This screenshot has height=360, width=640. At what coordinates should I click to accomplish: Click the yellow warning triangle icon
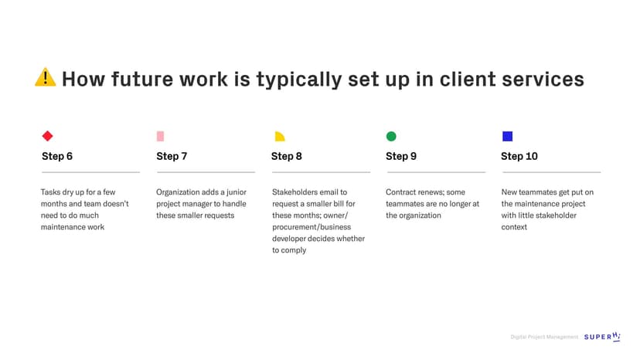[x=46, y=78]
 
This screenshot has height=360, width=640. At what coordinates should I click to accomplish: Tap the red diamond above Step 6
[x=47, y=136]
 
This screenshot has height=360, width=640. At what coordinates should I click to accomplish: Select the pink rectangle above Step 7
[x=160, y=136]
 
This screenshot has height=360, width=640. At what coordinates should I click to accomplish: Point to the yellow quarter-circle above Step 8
[x=280, y=137]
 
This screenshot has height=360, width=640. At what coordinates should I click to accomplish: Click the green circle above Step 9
[x=391, y=136]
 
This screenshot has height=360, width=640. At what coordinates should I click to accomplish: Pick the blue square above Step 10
[x=507, y=136]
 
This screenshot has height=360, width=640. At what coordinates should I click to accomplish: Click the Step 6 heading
[x=57, y=156]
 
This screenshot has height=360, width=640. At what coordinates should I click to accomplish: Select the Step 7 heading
[x=172, y=156]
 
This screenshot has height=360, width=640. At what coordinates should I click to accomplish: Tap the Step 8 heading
[x=287, y=156]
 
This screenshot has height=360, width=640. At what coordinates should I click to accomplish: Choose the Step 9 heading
[x=401, y=156]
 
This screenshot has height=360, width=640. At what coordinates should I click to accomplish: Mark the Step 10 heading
[x=519, y=156]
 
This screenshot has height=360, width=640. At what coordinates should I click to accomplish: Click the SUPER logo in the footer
[x=602, y=336]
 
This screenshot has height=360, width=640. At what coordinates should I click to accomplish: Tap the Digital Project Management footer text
[x=544, y=337]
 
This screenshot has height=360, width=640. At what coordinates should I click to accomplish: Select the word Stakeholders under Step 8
[x=295, y=192]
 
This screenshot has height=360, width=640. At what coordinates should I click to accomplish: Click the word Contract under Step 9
[x=400, y=192]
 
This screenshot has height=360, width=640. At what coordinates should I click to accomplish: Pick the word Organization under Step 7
[x=179, y=192]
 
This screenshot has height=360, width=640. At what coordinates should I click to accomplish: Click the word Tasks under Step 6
[x=50, y=192]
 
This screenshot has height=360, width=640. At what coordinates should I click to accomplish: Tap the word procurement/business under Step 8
[x=311, y=227]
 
